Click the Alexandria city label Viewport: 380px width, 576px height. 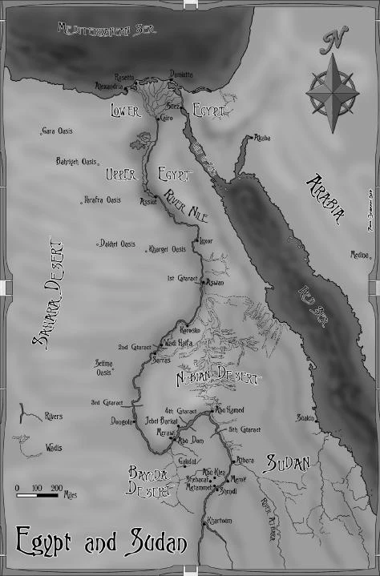111,85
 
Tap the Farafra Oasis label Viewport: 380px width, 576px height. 103,200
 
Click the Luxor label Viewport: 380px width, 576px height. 206,241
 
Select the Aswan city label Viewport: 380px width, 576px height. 215,282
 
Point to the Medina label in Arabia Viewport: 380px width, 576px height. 358,256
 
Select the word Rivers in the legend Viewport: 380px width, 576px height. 55,417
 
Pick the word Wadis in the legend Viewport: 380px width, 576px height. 54,448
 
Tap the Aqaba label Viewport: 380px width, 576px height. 262,138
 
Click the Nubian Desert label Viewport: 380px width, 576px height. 218,376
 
